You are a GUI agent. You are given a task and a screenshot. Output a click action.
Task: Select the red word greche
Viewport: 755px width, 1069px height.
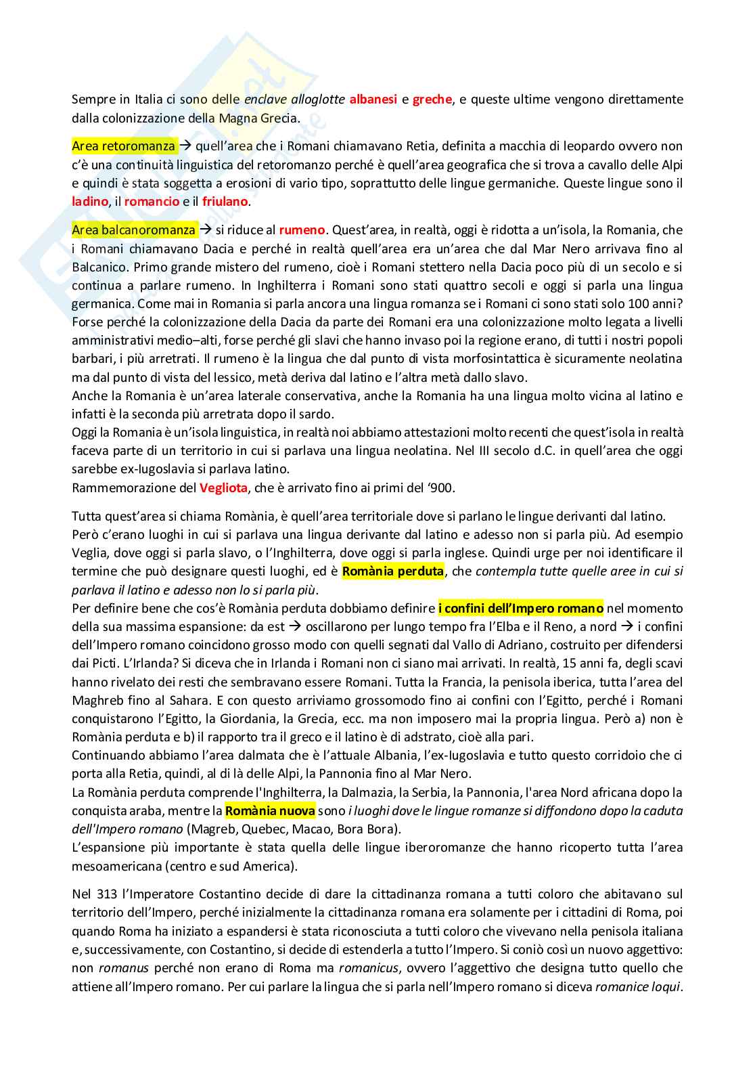click(432, 100)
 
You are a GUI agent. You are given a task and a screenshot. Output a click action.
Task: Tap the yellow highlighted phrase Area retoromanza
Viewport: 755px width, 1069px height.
click(123, 146)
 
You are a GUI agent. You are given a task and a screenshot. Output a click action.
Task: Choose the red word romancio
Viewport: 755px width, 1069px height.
click(152, 202)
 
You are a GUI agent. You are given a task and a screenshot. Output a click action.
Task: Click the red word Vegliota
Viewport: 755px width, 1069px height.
click(223, 487)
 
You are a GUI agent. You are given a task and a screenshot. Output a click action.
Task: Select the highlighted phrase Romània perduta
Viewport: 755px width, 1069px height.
click(393, 571)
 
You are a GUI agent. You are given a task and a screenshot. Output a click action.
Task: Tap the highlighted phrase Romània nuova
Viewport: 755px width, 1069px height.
click(270, 811)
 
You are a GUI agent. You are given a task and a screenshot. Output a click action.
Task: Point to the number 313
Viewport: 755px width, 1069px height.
click(99, 895)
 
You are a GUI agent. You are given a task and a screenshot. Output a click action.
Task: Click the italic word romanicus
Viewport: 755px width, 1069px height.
click(369, 969)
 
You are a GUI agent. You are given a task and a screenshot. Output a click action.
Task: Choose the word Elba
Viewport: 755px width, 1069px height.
click(516, 627)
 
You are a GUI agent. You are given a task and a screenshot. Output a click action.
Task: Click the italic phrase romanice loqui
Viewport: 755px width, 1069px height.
click(637, 987)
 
